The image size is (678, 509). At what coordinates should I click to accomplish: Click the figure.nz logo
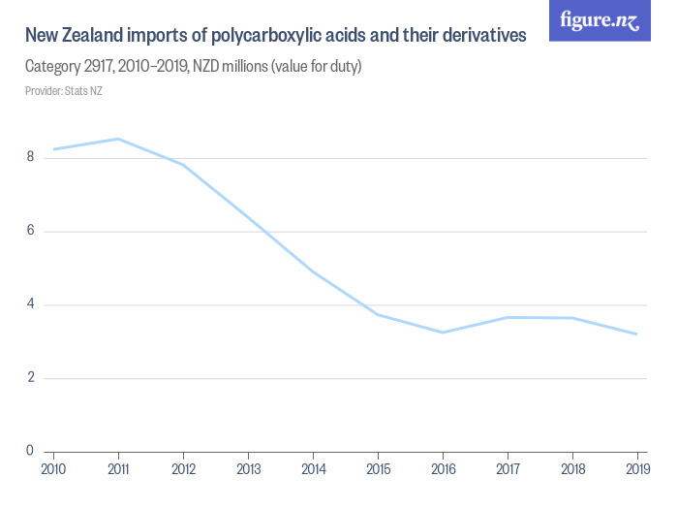click(x=600, y=20)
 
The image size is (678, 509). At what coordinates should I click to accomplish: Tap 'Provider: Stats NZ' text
click(x=63, y=91)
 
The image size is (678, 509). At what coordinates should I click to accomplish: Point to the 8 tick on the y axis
click(x=31, y=157)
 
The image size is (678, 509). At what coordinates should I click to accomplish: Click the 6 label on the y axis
click(x=31, y=231)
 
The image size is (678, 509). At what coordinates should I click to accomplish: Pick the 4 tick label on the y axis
click(x=31, y=304)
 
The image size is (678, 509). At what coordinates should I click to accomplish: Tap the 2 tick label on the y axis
click(x=31, y=378)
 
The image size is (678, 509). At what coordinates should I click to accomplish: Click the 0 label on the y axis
click(x=31, y=451)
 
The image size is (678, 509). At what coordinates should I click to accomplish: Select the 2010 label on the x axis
click(x=53, y=469)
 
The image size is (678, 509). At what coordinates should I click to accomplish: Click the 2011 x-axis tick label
click(x=118, y=469)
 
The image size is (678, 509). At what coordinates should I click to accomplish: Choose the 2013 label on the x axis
click(x=248, y=469)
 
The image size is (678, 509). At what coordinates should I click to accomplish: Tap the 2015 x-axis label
click(x=378, y=469)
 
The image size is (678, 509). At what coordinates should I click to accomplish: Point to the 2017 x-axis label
click(x=508, y=469)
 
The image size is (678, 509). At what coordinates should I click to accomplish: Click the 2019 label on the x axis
click(x=636, y=469)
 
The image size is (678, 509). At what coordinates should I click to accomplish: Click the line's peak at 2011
click(x=118, y=139)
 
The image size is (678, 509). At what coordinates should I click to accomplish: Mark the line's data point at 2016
click(x=443, y=333)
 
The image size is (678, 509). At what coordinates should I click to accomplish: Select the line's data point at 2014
click(x=313, y=270)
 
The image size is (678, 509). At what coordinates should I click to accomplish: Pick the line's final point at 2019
click(x=636, y=334)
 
